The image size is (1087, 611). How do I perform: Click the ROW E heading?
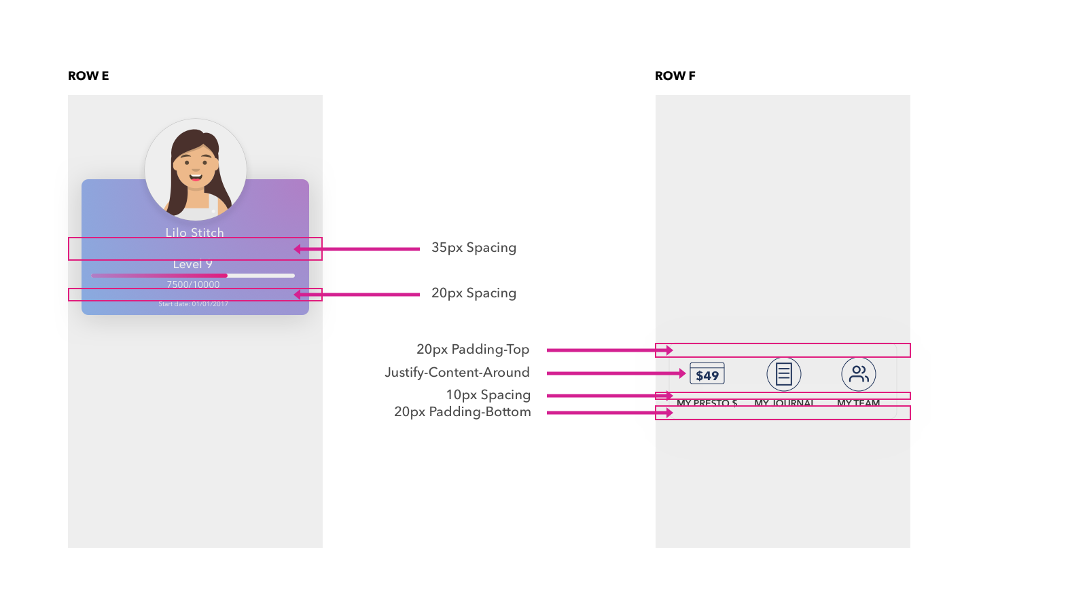coord(88,76)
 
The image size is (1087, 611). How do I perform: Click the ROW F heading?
coord(675,76)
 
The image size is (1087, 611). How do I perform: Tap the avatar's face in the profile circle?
coord(196,166)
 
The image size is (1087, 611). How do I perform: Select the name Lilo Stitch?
coord(195,232)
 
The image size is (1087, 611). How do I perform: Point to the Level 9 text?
coord(193,265)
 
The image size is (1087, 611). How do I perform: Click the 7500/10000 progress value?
coord(194,284)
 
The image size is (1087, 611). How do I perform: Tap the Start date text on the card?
coord(194,304)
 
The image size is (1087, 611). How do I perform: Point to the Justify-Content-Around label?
coord(457,373)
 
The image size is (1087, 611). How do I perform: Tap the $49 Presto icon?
coord(707,374)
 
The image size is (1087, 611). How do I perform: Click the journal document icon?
coord(784,374)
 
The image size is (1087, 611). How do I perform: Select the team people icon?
coord(859,374)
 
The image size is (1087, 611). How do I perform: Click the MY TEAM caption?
coord(859,403)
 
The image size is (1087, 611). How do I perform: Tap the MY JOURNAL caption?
coord(784,403)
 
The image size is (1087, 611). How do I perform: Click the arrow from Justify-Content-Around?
coord(616,373)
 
